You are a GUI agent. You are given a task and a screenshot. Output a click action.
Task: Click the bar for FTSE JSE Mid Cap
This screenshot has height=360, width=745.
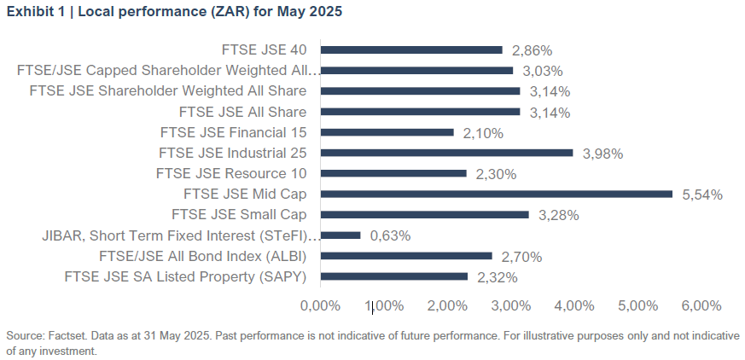tap(496, 195)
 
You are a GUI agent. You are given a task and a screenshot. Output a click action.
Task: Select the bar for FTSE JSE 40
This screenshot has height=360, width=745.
tap(410, 50)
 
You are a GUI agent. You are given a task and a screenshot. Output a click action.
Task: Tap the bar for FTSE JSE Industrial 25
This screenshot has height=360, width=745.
tap(446, 153)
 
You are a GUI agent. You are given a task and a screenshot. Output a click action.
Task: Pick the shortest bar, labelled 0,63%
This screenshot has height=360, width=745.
tap(340, 235)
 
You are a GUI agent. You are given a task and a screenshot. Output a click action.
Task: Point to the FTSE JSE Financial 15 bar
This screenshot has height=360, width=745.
tap(387, 132)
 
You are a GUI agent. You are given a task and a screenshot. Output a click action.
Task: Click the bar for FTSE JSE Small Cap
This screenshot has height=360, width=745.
tap(424, 215)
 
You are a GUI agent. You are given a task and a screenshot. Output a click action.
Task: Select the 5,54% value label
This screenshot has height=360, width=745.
tap(702, 195)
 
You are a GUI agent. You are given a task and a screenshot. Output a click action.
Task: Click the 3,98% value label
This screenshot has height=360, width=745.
tap(602, 154)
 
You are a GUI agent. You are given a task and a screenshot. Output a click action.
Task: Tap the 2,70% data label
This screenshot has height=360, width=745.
tap(521, 256)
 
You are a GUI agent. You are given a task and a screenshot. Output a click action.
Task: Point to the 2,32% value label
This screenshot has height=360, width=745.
tap(497, 276)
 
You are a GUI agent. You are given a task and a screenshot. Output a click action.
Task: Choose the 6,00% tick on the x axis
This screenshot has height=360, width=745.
tap(701, 305)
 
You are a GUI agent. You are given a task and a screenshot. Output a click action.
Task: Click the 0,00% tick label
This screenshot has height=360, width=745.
tap(320, 305)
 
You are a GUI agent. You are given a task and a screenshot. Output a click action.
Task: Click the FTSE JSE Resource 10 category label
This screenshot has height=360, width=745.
tap(231, 173)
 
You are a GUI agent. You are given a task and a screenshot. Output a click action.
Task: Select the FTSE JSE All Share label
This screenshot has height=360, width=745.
tap(242, 112)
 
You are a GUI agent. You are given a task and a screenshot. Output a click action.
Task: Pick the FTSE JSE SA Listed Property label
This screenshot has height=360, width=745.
tap(185, 276)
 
